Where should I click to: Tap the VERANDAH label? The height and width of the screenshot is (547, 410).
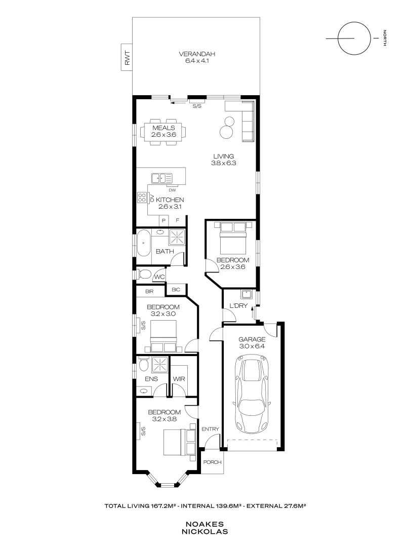[197, 54]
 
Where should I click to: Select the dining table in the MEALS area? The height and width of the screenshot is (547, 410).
[164, 132]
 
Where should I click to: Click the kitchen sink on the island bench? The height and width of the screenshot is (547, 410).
[162, 178]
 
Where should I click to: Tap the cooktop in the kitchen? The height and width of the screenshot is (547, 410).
[141, 198]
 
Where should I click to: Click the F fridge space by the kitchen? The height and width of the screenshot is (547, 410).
[178, 220]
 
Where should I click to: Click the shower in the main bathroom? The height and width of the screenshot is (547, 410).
[177, 237]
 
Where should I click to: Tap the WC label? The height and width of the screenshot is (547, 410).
[158, 277]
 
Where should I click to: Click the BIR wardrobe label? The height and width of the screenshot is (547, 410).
[149, 291]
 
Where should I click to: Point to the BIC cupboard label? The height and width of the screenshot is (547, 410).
[176, 289]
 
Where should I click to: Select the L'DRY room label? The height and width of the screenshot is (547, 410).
[237, 306]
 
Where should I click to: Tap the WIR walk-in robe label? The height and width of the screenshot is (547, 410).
[178, 378]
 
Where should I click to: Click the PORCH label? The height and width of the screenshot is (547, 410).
[212, 462]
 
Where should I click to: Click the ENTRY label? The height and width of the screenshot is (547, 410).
[210, 429]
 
